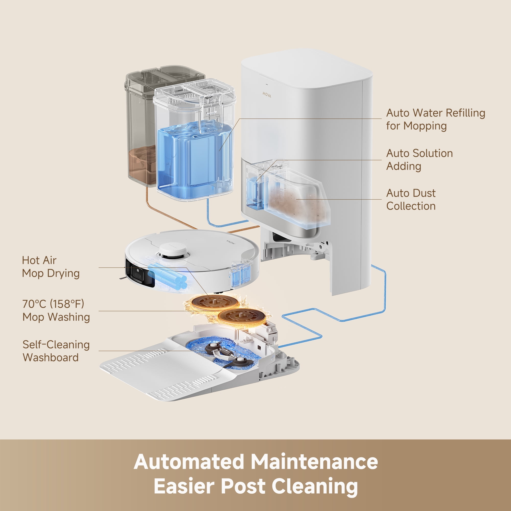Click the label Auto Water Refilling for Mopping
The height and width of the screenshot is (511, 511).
pos(435,119)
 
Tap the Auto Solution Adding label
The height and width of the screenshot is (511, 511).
pos(419,160)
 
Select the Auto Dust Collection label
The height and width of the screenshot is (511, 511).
pos(411,200)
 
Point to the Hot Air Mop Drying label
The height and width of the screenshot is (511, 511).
pos(51,266)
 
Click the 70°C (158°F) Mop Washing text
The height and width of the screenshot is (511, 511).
pos(56,310)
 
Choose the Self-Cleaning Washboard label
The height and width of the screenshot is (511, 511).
pos(56,351)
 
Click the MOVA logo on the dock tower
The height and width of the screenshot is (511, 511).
pos(266,95)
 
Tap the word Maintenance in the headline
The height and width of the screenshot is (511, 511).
pos(314,462)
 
